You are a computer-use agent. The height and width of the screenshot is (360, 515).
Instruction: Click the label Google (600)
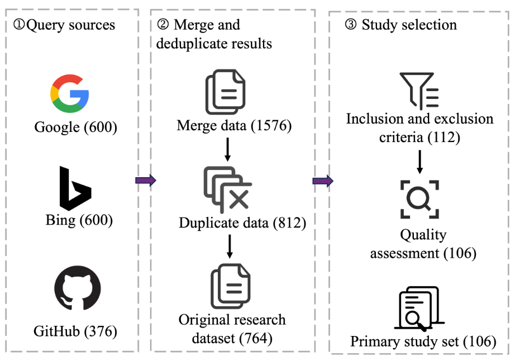(x=75, y=127)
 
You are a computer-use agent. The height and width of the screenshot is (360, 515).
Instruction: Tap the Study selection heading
(x=402, y=25)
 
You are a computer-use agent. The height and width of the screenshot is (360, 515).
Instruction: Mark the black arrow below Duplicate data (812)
(x=230, y=247)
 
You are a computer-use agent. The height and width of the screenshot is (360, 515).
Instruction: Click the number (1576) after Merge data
(x=270, y=126)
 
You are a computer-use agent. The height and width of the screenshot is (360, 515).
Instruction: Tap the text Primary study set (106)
(x=423, y=341)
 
